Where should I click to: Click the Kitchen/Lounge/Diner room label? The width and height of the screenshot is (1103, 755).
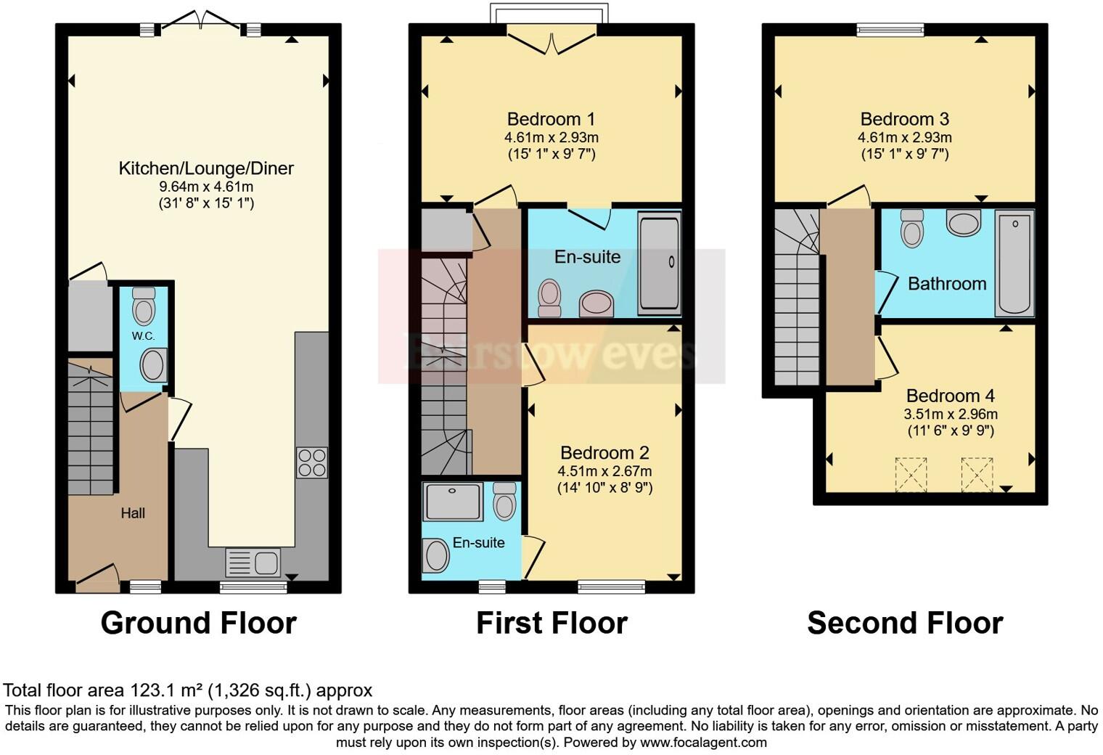point(206,168)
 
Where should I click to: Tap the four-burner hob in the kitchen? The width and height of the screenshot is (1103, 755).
point(311,462)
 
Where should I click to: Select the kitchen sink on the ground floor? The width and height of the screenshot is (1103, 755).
point(253,563)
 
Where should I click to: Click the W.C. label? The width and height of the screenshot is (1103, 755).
point(143,336)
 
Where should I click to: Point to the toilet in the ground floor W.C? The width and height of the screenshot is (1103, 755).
point(144,306)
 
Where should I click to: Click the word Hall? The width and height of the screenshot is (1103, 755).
point(133,513)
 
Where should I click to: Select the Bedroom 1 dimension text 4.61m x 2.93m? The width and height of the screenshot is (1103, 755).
point(551,137)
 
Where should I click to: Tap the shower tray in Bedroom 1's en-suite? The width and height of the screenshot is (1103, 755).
point(659,263)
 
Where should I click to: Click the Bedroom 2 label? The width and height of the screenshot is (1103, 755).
point(604,453)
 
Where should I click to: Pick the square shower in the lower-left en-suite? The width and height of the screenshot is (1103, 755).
point(454,502)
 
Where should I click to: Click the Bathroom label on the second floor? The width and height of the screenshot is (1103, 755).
point(947,284)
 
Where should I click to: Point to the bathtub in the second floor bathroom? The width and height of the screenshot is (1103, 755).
point(1014,263)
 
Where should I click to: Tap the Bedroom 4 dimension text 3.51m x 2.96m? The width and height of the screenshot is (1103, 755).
point(950,415)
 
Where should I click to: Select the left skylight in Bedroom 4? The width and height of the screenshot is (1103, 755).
point(911,475)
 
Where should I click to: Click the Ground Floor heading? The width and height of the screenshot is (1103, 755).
point(198,623)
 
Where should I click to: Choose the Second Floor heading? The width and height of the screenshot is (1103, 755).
point(905,623)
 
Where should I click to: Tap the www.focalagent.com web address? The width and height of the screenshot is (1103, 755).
point(703,742)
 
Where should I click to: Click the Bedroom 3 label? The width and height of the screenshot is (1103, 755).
point(904,119)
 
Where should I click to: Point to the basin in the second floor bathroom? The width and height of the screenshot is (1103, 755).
point(963,223)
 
